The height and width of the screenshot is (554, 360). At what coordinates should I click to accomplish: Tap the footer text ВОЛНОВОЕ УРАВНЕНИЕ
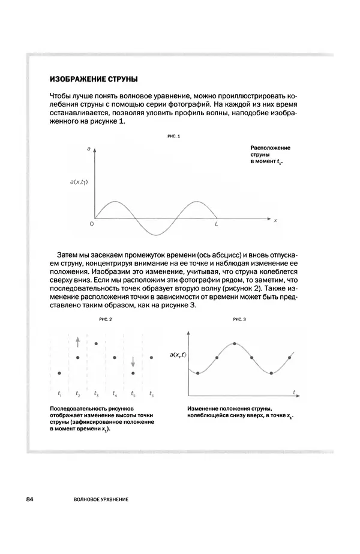pos(101,499)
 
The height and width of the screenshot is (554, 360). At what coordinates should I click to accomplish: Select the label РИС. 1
pos(174,136)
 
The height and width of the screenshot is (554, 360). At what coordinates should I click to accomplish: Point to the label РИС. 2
pos(106,320)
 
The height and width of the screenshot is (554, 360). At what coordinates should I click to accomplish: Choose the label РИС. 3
pos(241,320)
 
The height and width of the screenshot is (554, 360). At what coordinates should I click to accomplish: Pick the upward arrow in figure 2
pos(77,342)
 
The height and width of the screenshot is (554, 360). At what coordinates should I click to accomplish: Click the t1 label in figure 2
pos(59,394)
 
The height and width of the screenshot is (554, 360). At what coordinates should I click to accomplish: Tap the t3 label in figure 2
pos(96,394)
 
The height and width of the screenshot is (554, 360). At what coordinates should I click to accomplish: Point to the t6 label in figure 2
pos(151,394)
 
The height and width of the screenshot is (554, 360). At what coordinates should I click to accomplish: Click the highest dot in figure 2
pos(96,343)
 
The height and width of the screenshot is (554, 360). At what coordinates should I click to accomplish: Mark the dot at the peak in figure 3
pos(235,343)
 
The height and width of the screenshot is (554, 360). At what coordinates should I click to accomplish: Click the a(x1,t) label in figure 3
pos(177,356)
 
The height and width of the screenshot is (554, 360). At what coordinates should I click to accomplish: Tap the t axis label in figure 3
pos(295,391)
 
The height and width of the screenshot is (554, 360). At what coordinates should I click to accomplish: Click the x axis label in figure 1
pos(275,220)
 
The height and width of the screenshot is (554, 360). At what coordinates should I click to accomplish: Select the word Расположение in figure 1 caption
pos(270,147)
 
